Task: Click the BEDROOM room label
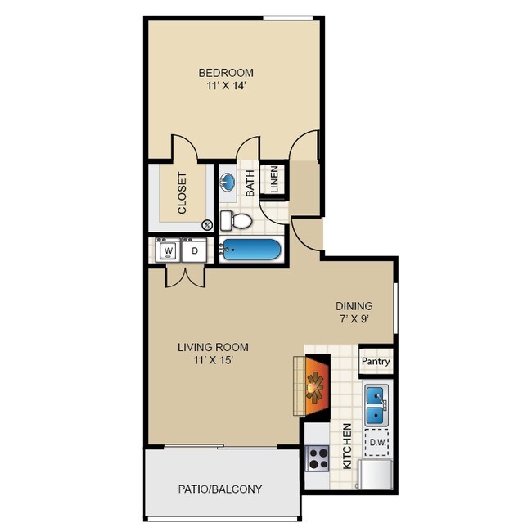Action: click(x=225, y=72)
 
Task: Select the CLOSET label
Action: click(x=182, y=192)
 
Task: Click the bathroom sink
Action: click(x=229, y=182)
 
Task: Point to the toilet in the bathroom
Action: click(x=237, y=220)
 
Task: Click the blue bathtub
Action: click(x=252, y=250)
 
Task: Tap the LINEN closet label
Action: click(x=275, y=181)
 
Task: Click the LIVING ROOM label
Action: click(x=213, y=347)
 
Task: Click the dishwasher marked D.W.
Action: click(x=376, y=442)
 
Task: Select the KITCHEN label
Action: click(x=347, y=445)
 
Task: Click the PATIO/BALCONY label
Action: click(x=220, y=489)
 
